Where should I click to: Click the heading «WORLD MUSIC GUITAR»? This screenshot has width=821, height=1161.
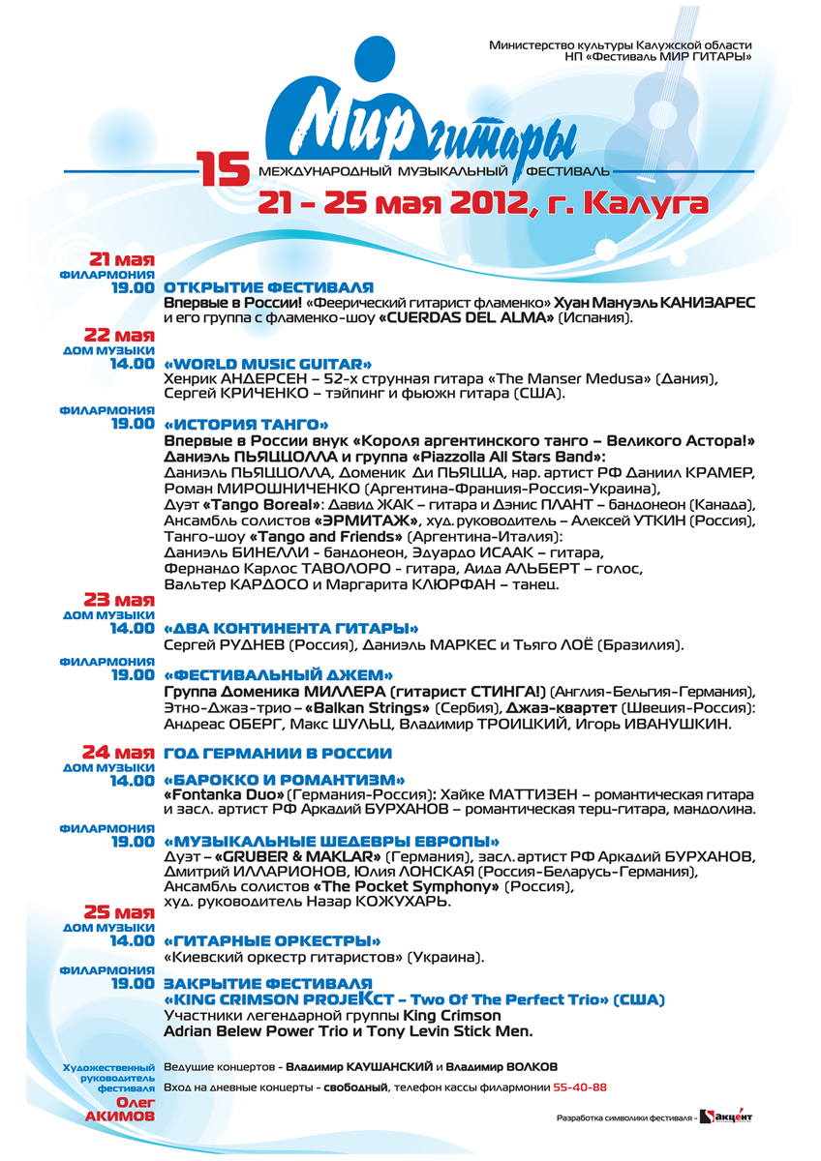(x=268, y=363)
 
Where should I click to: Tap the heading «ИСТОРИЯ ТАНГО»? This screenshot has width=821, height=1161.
(x=247, y=424)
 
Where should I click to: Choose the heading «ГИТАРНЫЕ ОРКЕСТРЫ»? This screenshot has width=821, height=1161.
(x=272, y=940)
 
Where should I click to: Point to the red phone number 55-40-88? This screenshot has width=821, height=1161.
(x=580, y=1087)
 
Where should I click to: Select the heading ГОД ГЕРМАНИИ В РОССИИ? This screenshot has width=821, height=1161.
(x=278, y=753)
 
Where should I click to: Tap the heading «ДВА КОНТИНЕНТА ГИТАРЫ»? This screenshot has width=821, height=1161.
(x=291, y=628)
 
